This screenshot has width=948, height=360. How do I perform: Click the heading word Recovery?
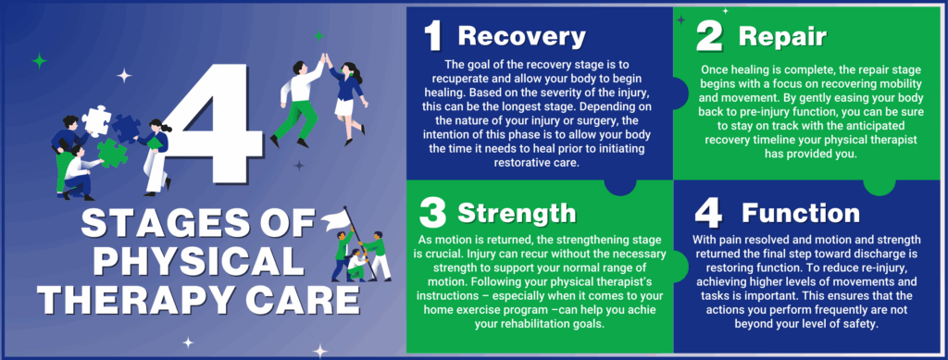(521, 36)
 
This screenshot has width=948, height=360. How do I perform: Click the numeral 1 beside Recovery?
(432, 36)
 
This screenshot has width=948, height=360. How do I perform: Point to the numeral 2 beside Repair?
(710, 37)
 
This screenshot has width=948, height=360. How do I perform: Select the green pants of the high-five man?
(299, 118)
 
